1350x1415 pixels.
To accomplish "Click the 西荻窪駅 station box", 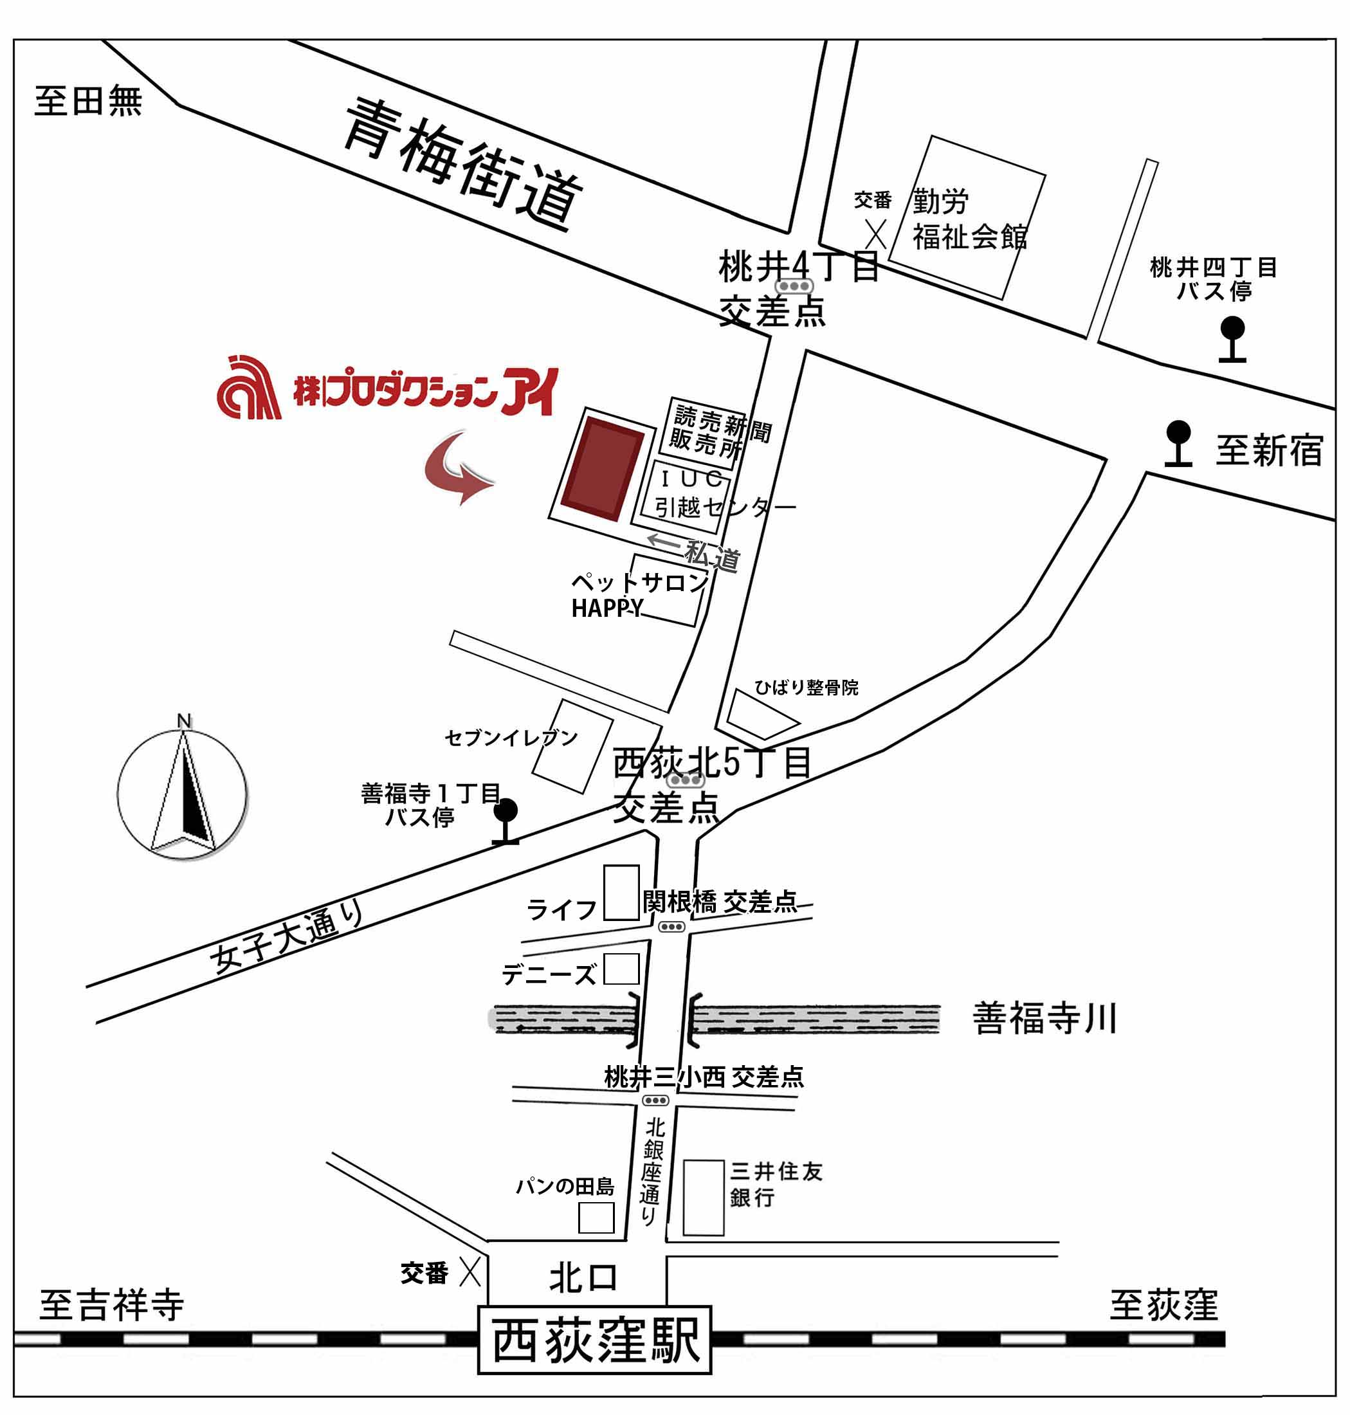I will (594, 1340).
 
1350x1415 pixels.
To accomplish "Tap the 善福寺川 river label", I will (1044, 1019).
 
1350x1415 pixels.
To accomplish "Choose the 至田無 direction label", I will (88, 101).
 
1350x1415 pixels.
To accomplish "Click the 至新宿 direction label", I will (1269, 452).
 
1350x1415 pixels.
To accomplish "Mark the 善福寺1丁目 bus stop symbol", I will (506, 820).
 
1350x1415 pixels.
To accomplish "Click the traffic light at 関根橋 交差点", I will (671, 927).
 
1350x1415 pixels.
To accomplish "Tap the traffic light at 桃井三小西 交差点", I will (655, 1100).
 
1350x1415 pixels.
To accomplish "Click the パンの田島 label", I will (565, 1187).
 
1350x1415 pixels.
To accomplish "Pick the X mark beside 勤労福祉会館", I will (875, 234).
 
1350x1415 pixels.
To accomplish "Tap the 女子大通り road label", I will (287, 938).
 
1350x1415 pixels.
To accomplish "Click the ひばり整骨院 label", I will (806, 688).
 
